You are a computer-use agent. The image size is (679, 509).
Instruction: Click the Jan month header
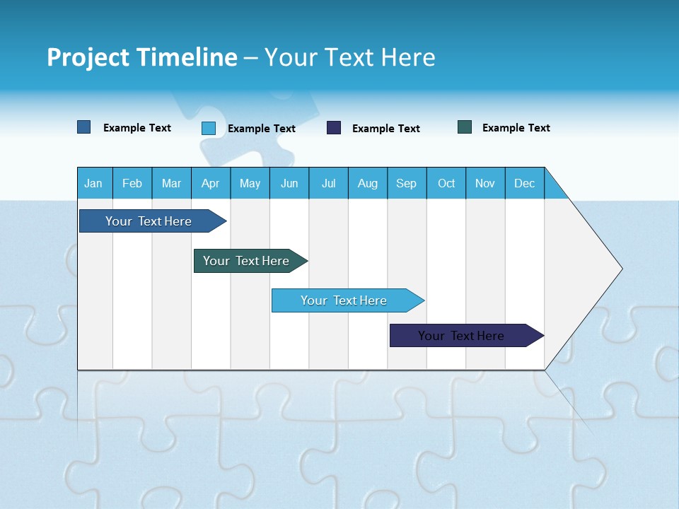coord(93,183)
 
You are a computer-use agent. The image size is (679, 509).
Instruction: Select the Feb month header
coord(132,183)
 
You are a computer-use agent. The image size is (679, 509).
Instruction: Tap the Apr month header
coord(210,183)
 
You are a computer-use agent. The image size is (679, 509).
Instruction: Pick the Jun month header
coord(289,183)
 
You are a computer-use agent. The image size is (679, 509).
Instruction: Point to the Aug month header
coord(367,183)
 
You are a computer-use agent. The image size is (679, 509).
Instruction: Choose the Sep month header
coord(406,183)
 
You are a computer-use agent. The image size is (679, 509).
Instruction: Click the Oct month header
coord(446,183)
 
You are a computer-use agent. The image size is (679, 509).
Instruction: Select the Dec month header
coord(524,183)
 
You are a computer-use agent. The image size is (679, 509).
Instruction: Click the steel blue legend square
coord(84,127)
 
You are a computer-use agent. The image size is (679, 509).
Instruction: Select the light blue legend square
coord(209,128)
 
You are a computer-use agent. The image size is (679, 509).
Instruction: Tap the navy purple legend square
coord(334,128)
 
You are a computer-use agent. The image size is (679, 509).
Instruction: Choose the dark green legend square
coord(465,127)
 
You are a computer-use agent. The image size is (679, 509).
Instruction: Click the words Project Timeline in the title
coord(142,57)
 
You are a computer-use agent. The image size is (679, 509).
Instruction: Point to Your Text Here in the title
coord(349,57)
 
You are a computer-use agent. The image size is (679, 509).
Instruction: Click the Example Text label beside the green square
coord(516,128)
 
